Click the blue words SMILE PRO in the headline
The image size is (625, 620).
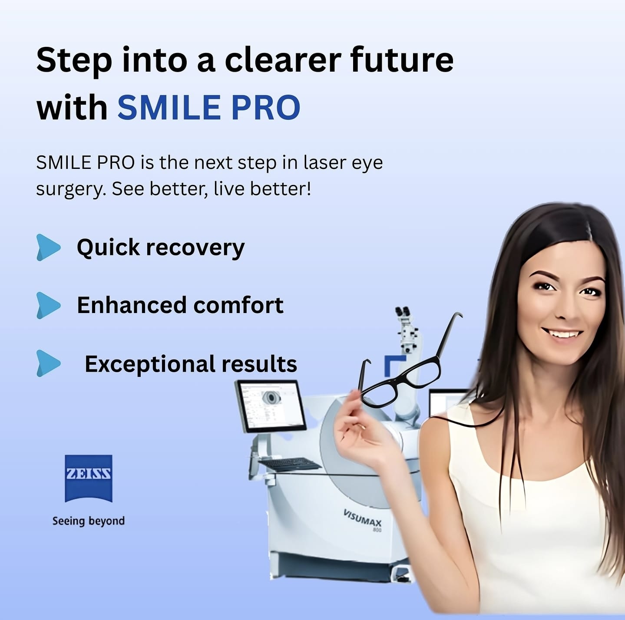209,107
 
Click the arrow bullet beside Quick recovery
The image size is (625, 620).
48,247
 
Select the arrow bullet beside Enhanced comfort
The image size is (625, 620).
48,306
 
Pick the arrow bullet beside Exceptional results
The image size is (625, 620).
48,363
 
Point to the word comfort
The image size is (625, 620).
238,305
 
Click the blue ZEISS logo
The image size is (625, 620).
89,478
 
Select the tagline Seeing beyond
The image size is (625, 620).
89,521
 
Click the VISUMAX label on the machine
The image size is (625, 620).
362,518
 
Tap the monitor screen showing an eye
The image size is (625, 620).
270,406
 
